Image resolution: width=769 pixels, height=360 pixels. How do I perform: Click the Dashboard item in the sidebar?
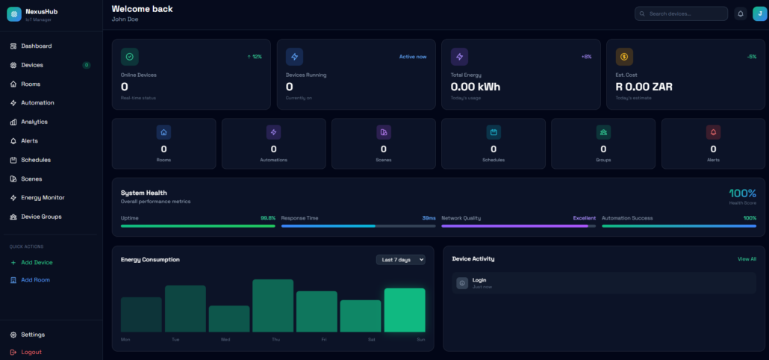click(36, 46)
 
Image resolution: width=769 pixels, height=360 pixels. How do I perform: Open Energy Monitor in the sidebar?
click(43, 198)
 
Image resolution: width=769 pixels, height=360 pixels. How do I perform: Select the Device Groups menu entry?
click(41, 217)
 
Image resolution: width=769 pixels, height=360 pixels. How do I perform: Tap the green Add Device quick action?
click(37, 262)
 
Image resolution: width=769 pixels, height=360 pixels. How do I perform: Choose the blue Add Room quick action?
click(35, 280)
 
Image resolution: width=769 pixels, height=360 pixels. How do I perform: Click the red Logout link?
click(31, 352)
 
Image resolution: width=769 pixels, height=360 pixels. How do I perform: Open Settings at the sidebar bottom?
click(33, 335)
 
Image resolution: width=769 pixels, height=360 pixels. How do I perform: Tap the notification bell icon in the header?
click(741, 13)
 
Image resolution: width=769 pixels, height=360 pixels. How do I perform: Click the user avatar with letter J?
click(759, 13)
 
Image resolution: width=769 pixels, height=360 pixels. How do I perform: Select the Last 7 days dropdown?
click(401, 260)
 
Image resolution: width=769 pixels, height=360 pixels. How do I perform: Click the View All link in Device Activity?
click(747, 259)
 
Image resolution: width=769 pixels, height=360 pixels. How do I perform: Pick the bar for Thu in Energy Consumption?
click(273, 305)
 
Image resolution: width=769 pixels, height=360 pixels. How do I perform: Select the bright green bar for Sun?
click(405, 310)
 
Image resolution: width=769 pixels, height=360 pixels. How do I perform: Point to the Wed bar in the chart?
click(229, 319)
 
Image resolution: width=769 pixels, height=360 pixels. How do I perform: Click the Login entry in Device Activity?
click(479, 280)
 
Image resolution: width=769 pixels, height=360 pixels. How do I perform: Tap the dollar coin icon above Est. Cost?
click(624, 57)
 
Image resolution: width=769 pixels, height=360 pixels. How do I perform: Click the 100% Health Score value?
click(742, 193)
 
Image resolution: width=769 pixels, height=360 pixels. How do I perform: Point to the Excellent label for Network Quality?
click(585, 218)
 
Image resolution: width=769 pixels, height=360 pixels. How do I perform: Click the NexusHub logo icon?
click(14, 14)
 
